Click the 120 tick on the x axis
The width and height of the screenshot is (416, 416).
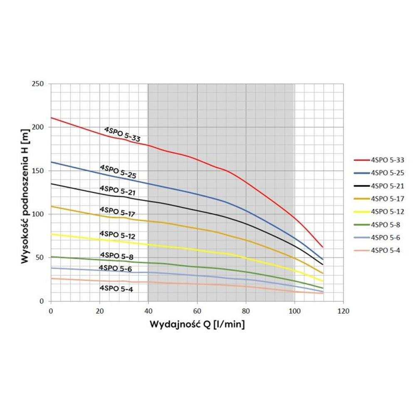click(343, 311)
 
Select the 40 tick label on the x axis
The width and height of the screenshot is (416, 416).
click(148, 311)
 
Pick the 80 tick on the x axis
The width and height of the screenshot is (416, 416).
click(245, 311)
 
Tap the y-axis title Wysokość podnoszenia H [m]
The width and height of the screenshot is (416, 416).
click(25, 192)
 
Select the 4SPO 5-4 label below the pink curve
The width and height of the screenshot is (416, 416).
click(116, 288)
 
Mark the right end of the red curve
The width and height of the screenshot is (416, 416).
click(322, 247)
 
